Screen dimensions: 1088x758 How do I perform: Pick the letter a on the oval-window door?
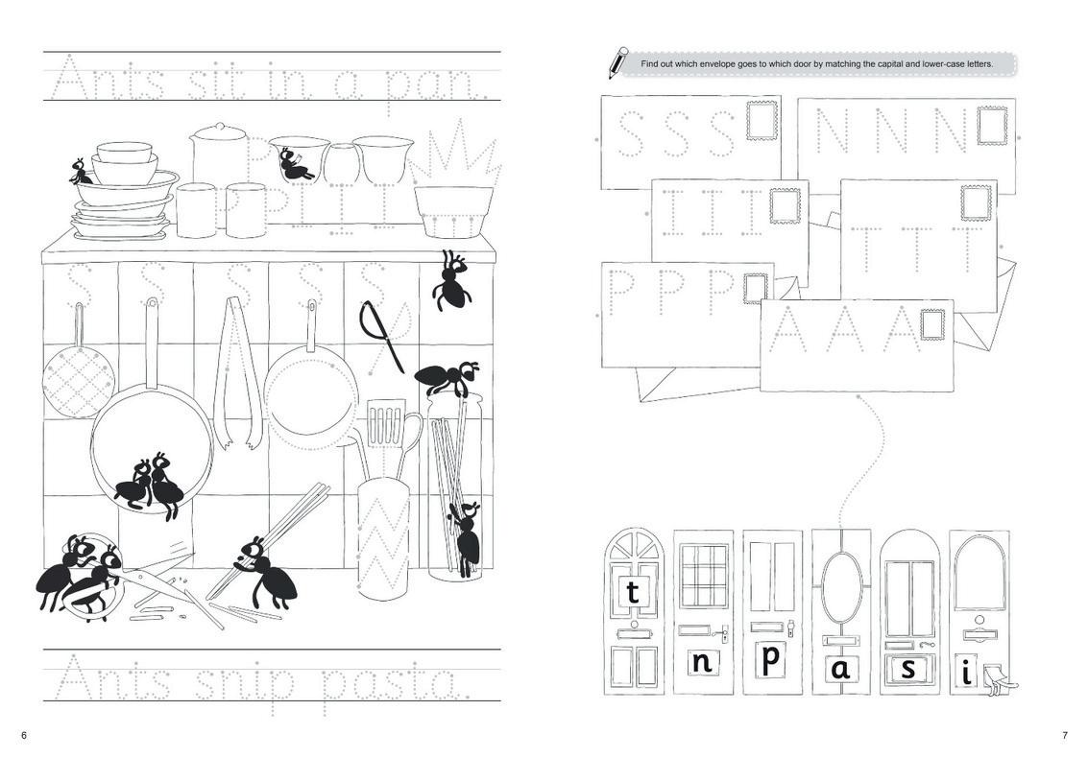pyautogui.click(x=841, y=669)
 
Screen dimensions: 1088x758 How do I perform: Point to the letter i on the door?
pyautogui.click(x=966, y=672)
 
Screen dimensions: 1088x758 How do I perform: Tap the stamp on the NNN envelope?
pyautogui.click(x=992, y=125)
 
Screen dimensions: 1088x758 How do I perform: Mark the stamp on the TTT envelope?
pyautogui.click(x=976, y=202)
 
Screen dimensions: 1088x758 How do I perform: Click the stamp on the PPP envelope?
pyautogui.click(x=756, y=289)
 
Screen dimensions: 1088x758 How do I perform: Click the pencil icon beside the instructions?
pyautogui.click(x=617, y=61)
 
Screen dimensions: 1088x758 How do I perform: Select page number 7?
pyautogui.click(x=1064, y=735)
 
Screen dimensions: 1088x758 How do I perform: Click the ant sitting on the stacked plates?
pyautogui.click(x=81, y=173)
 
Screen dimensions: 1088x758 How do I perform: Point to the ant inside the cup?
pyautogui.click(x=295, y=166)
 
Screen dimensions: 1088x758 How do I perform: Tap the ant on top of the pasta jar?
pyautogui.click(x=447, y=376)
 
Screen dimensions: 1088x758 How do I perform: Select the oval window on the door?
pyautogui.click(x=841, y=584)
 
